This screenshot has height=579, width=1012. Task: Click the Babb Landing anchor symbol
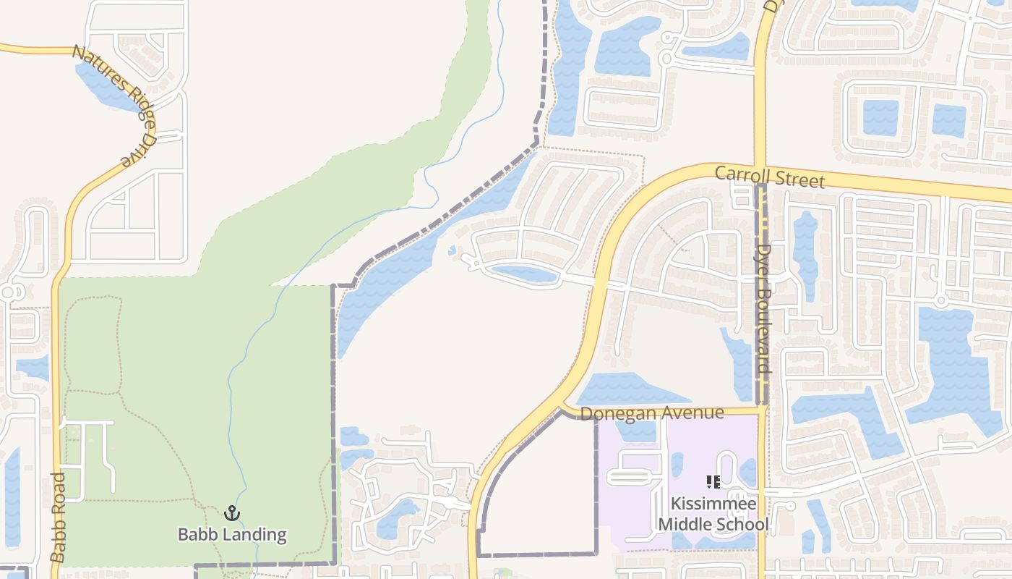231,514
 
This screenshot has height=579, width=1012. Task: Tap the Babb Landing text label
232,536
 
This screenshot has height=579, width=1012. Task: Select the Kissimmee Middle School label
713,513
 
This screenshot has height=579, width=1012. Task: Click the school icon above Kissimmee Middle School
713,482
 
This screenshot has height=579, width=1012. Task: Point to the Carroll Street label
770,177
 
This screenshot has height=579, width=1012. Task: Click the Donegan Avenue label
652,413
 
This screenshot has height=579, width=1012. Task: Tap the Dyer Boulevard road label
763,308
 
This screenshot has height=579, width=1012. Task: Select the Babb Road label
58,517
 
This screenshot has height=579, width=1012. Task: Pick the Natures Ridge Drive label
116,104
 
